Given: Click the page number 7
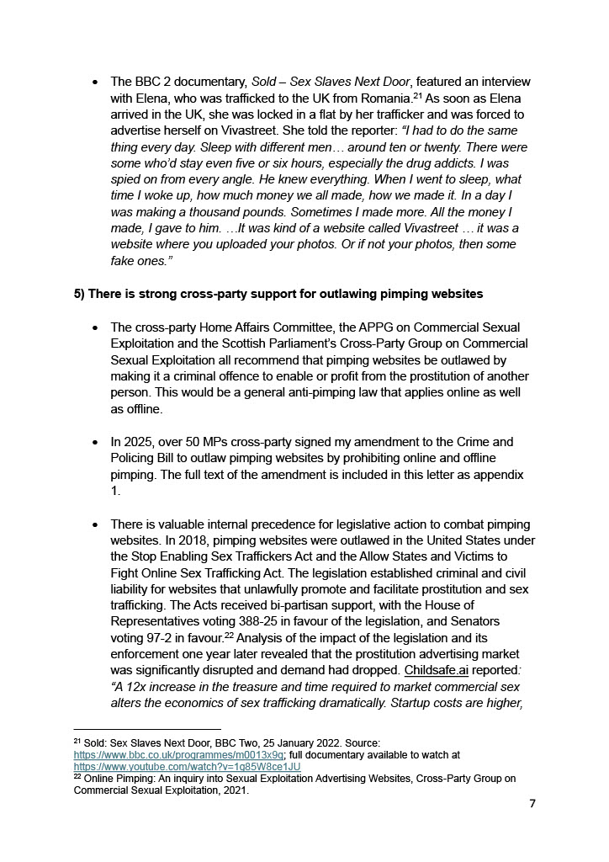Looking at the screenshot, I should [x=532, y=804].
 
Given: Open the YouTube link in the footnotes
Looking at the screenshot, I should [x=187, y=767].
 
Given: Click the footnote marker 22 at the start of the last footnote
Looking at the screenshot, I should [x=77, y=778].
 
